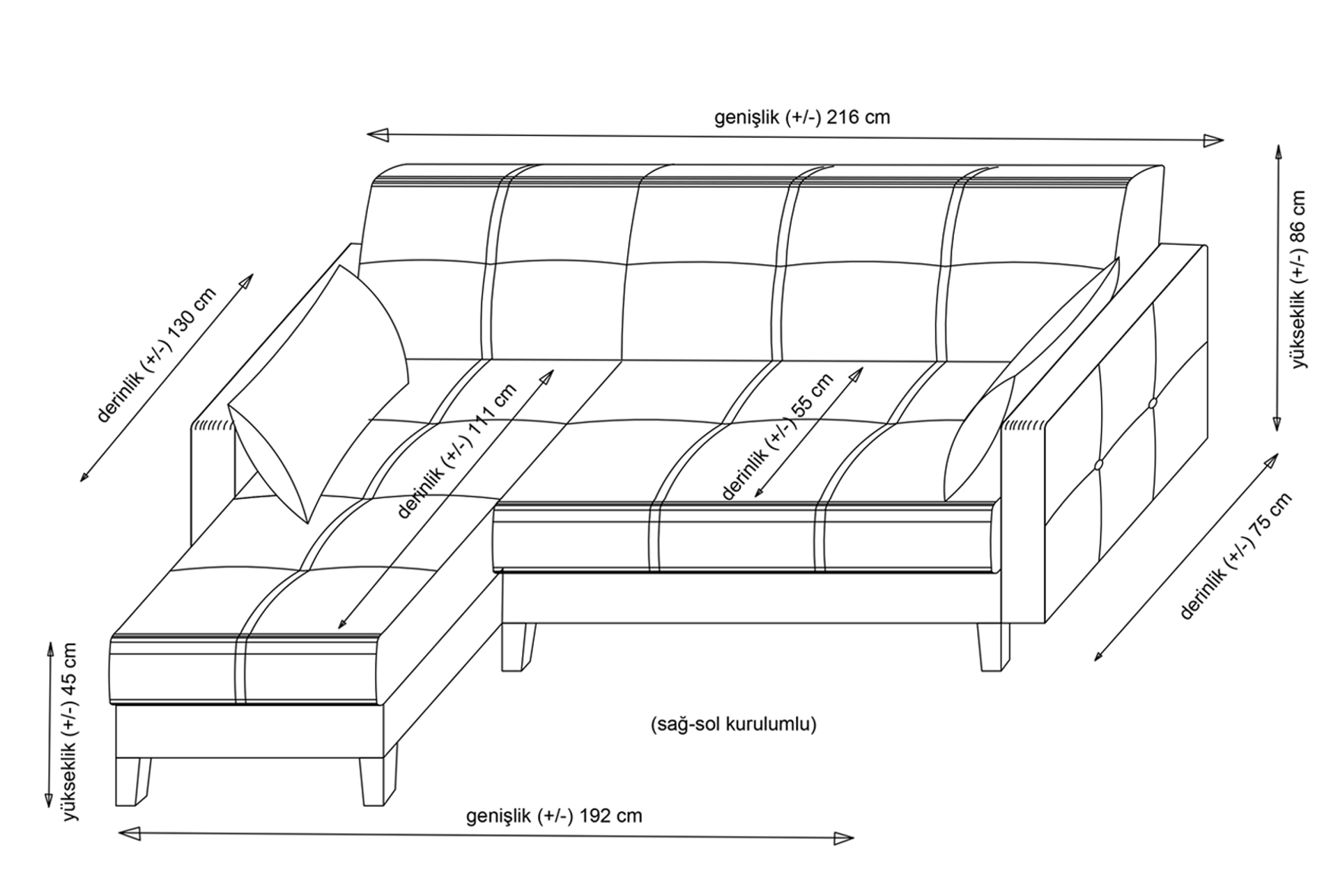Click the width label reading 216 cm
click(802, 117)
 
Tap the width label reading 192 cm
click(554, 815)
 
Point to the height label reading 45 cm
click(70, 731)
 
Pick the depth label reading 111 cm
click(456, 451)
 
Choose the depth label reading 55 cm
click(777, 436)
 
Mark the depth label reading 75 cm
click(1236, 555)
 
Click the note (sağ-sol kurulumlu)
click(733, 725)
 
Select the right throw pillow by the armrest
click(1031, 380)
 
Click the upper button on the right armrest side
click(1152, 403)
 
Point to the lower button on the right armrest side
click(1099, 465)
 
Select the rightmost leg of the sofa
click(993, 647)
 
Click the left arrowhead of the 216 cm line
click(378, 135)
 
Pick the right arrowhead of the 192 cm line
click(843, 838)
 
